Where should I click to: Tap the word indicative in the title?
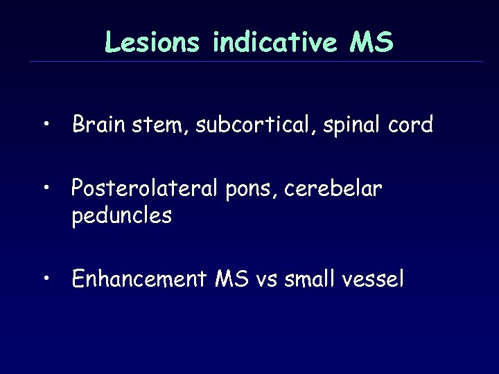[276, 43]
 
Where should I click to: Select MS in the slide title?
[371, 43]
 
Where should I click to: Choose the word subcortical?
[252, 125]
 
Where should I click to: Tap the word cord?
[410, 125]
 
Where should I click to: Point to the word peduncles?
[121, 217]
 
